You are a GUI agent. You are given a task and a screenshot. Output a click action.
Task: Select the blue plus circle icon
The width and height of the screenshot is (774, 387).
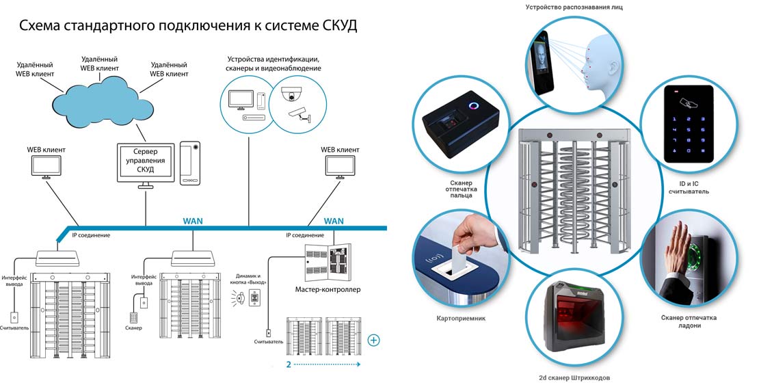coord(373,340)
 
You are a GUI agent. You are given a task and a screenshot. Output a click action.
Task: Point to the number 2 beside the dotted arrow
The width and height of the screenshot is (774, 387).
coord(289,364)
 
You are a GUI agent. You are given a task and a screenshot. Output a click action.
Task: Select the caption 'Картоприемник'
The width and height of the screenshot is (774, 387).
coord(461,319)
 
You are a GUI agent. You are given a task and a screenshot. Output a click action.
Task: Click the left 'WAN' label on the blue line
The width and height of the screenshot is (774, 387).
coord(193,221)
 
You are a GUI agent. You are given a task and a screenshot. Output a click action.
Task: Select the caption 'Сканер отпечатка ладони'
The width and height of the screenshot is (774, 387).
coord(689,321)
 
